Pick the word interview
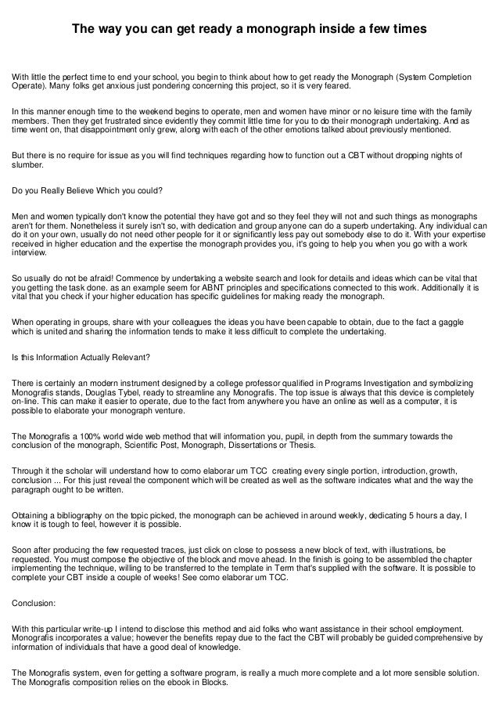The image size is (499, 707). [x=27, y=253]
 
